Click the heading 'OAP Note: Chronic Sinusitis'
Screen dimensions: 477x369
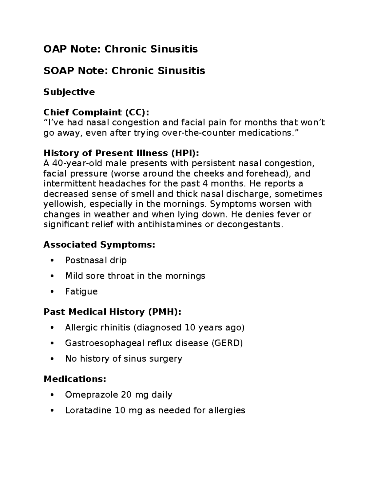click(x=121, y=49)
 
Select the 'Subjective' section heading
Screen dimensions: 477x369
click(x=69, y=92)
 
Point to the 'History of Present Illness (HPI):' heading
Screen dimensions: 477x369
click(x=121, y=153)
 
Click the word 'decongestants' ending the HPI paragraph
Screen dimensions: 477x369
click(x=249, y=224)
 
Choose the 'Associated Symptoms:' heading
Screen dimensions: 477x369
click(x=99, y=245)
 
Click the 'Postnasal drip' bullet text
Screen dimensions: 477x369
click(x=96, y=260)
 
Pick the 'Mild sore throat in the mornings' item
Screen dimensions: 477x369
click(x=135, y=276)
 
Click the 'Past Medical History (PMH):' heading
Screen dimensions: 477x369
click(x=113, y=312)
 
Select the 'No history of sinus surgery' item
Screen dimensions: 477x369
click(x=124, y=358)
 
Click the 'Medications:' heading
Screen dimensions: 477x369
click(x=75, y=379)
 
